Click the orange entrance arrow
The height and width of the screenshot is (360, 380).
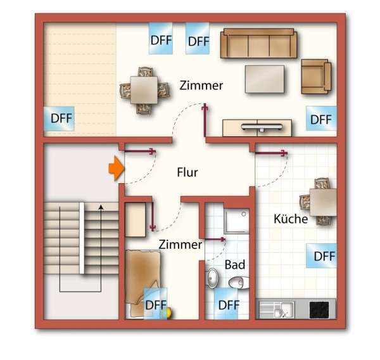click(x=116, y=169)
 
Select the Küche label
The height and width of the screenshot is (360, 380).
click(x=291, y=219)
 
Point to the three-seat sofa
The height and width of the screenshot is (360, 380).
click(x=258, y=44)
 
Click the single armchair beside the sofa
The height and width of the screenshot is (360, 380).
click(x=315, y=75)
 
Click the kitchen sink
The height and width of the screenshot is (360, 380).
click(x=276, y=309)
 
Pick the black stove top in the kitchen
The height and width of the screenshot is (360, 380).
click(x=322, y=309)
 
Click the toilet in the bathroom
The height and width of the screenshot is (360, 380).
click(x=237, y=281)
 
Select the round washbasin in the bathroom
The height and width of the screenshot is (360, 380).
click(x=212, y=277)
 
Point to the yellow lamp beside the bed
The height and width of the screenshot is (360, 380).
click(x=168, y=311)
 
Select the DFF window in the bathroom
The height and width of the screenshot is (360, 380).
click(x=229, y=304)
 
